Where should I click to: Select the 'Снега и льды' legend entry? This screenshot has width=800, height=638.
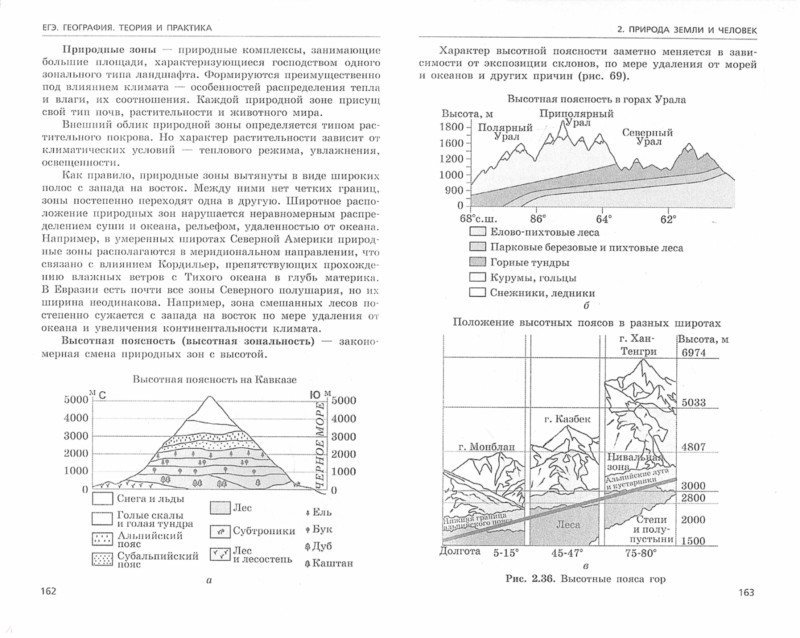(127, 496)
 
